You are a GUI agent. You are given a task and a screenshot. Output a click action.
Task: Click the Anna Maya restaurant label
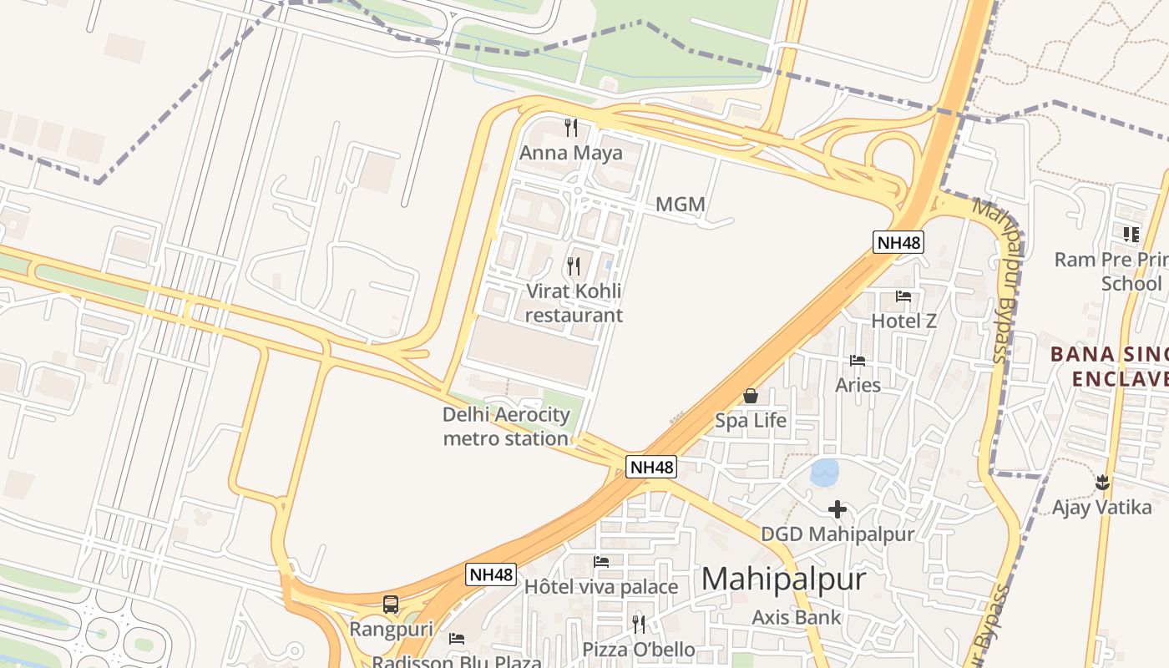(x=571, y=153)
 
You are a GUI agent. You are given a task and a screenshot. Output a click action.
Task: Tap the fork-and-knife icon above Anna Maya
(x=571, y=128)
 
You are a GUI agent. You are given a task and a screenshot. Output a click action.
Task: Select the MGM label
(x=681, y=204)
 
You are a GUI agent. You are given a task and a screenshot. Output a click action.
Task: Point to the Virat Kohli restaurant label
(x=574, y=303)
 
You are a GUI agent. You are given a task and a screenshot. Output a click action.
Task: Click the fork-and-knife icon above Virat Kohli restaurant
(x=574, y=266)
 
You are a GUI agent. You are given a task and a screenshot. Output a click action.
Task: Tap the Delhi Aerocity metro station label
(x=506, y=426)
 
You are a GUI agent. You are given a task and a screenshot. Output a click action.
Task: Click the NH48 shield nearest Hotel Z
(x=898, y=242)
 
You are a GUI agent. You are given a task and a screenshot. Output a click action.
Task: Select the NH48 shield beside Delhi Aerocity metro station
(x=651, y=467)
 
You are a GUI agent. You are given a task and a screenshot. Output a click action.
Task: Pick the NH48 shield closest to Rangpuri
(x=491, y=574)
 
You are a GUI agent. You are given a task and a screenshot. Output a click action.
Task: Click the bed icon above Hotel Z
(x=903, y=296)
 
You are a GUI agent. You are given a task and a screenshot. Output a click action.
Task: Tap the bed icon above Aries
(x=858, y=361)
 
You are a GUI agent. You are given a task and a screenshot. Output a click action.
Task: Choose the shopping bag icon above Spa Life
(x=751, y=396)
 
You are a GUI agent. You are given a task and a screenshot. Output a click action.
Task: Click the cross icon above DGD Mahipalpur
(x=838, y=509)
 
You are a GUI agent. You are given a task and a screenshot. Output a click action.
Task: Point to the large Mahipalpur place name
(x=783, y=579)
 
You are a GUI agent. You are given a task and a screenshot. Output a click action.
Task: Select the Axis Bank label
(x=796, y=617)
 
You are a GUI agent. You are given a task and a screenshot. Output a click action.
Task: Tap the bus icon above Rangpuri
(x=390, y=605)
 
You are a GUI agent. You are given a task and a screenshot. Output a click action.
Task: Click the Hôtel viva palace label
(x=600, y=587)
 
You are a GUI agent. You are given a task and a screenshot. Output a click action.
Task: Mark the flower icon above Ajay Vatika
(x=1102, y=482)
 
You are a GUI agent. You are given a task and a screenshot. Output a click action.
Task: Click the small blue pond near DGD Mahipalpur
(x=825, y=472)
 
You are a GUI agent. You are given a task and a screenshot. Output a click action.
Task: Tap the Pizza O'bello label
(x=639, y=649)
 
